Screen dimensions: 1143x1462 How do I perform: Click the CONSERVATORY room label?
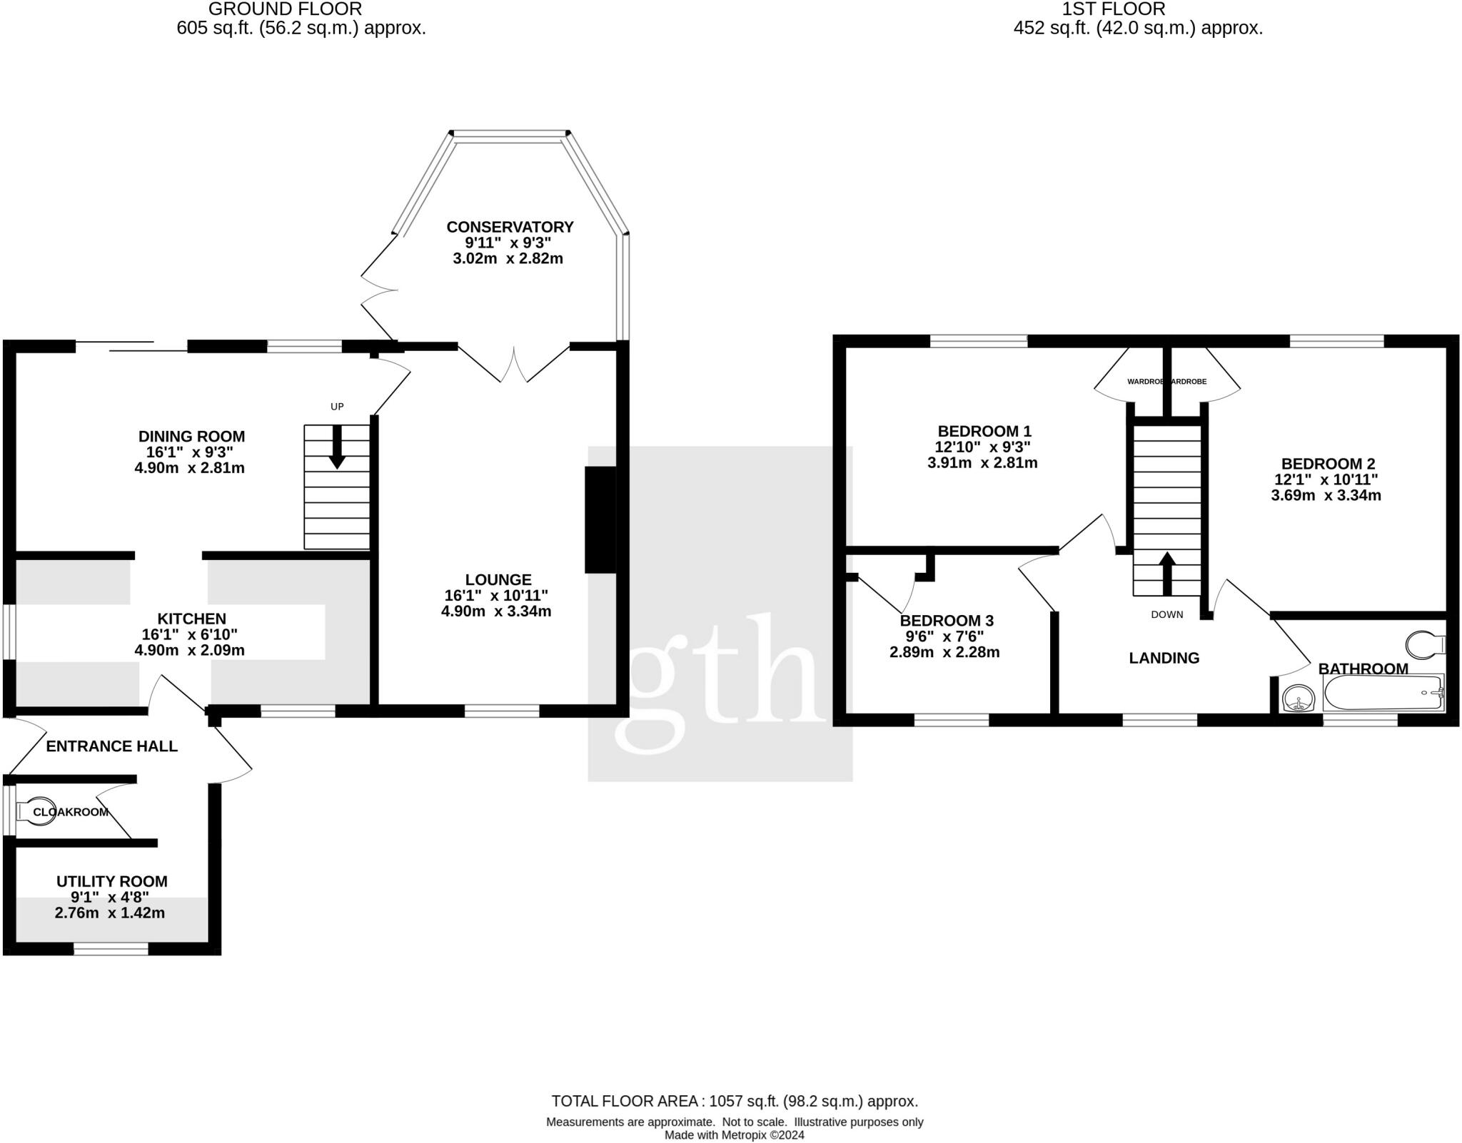pos(510,227)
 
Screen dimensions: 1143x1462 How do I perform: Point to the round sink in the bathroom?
pos(1299,698)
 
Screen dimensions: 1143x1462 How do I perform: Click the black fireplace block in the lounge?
pos(600,519)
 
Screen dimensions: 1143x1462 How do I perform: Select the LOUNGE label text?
pos(498,580)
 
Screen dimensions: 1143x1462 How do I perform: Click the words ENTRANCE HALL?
pos(112,746)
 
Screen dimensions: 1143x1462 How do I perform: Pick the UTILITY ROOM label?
pos(112,882)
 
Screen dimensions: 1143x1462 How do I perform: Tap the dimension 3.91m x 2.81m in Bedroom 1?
pos(982,463)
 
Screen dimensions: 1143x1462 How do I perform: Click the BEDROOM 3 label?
pos(947,621)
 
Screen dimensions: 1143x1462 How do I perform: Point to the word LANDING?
pos(1164,658)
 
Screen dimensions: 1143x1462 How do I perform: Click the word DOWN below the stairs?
pos(1166,614)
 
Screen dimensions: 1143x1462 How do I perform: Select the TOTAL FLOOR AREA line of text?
pos(735,1102)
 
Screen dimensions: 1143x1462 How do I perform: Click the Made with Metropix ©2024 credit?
pos(734,1135)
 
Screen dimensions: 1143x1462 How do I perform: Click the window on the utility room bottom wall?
pos(111,949)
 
